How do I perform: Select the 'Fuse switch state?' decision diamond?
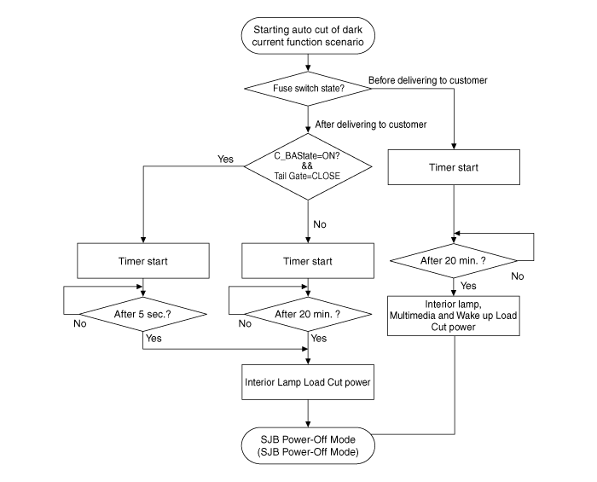click(x=307, y=87)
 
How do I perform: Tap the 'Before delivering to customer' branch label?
click(x=427, y=80)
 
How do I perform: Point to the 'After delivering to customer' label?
click(x=371, y=125)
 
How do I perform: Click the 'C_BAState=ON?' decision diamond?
click(x=308, y=166)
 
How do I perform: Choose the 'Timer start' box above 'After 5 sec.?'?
click(x=142, y=260)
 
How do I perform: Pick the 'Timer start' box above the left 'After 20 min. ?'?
click(x=307, y=260)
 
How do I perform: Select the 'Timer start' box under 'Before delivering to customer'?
click(x=454, y=167)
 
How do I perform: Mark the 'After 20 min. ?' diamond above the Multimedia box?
click(x=454, y=258)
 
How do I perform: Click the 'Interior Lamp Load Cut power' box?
click(x=307, y=382)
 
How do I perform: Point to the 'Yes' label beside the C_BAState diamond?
click(x=225, y=160)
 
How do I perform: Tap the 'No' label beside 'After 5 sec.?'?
click(x=79, y=324)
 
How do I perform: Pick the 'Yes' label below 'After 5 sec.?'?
click(x=154, y=338)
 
